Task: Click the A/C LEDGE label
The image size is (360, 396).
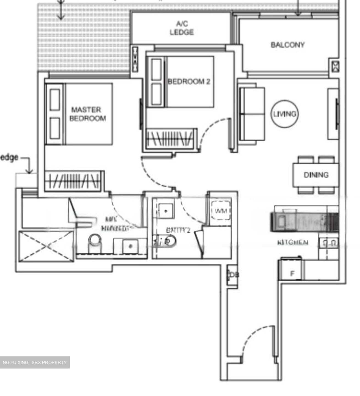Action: [181, 28]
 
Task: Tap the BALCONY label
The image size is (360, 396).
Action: [287, 45]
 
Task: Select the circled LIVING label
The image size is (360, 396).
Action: [285, 114]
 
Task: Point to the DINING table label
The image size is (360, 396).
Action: [316, 175]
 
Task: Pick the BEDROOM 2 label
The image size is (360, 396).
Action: [189, 81]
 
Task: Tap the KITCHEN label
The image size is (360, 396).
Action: [293, 243]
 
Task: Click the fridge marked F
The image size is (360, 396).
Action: [292, 273]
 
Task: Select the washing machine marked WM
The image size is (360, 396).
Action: [221, 211]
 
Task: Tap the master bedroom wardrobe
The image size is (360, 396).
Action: [74, 181]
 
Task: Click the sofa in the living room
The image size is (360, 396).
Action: [252, 114]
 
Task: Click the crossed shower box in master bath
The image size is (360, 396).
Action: [46, 246]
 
